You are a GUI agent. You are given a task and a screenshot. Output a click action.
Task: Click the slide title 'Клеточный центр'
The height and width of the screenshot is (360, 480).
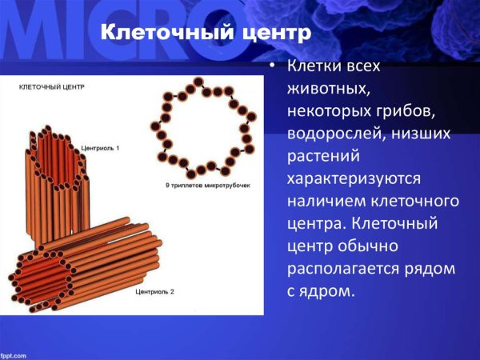click(204, 34)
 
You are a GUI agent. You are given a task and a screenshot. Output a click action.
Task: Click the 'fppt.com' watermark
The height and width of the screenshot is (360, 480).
click(14, 354)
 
